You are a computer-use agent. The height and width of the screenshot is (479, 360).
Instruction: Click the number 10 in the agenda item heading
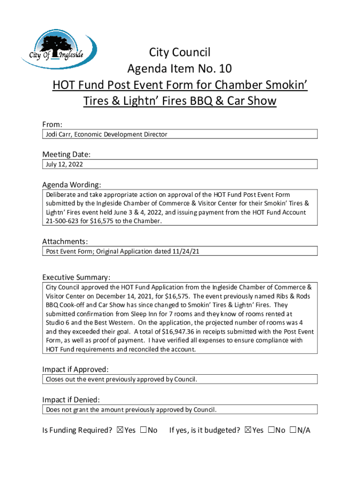224,69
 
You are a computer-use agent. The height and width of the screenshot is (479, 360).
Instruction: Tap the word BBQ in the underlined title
213,101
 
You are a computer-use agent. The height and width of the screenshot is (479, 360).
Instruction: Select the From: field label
52,124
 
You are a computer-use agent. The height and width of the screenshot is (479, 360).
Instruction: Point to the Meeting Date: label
66,154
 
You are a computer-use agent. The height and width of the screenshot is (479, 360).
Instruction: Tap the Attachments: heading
65,241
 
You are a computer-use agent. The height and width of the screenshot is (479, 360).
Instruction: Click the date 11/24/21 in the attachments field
190,252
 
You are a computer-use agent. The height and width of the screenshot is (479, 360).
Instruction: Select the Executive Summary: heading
76,277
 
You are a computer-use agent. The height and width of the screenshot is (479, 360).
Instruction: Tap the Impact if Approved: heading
75,369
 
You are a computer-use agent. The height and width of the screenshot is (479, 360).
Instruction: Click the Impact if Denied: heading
71,399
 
